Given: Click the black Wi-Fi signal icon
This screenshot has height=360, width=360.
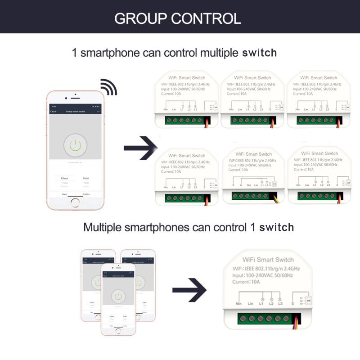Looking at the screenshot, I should pos(108,86).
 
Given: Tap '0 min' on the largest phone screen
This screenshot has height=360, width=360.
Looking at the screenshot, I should pos(86,178).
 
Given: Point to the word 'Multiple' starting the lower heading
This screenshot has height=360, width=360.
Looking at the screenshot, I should pos(102,227).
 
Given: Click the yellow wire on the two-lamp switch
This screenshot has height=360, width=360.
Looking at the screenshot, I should pos(275,198).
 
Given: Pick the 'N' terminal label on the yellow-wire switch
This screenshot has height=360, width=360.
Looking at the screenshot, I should pos(241,185).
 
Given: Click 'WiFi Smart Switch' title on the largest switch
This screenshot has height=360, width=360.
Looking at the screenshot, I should pos(268,260).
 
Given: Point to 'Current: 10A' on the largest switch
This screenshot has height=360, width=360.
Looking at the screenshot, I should pos(246,282).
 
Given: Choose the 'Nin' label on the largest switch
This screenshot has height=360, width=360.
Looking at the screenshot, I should pos(238,304).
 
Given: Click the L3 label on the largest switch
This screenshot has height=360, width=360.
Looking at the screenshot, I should pos(280,304).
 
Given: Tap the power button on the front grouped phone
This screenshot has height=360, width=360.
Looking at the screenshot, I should pos(118,297).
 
